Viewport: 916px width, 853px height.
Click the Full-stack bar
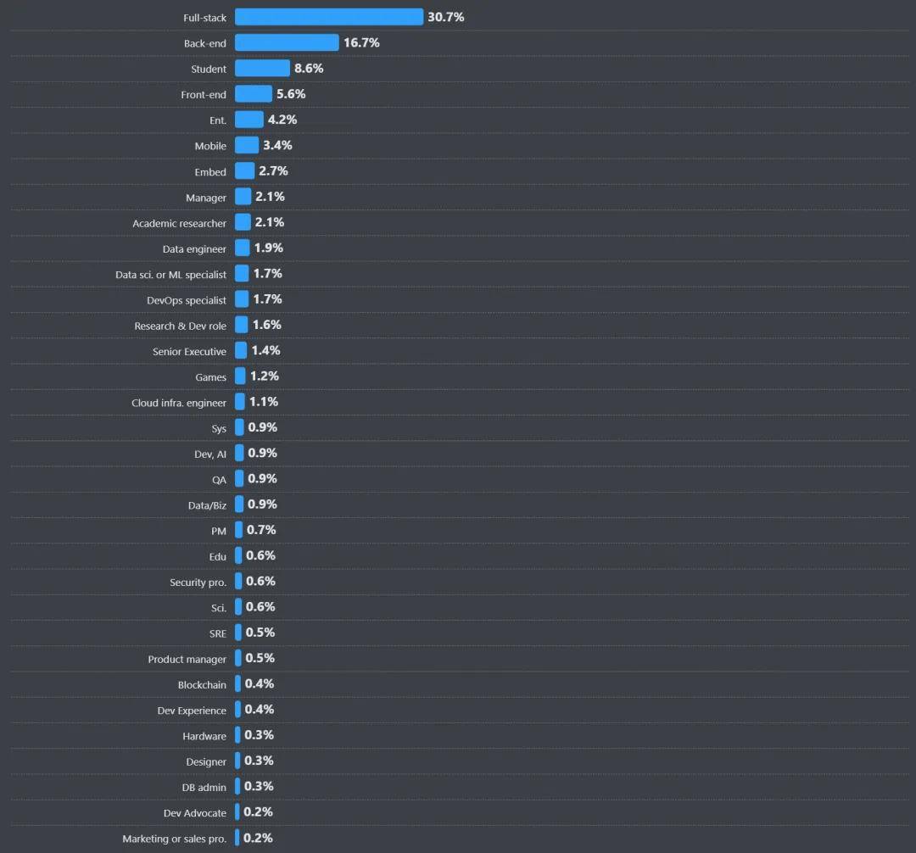tap(328, 17)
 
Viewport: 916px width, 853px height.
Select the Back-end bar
tap(287, 42)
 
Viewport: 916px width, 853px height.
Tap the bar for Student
tap(262, 69)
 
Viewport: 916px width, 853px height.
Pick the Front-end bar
tap(254, 94)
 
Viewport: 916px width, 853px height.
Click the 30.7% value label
tap(445, 17)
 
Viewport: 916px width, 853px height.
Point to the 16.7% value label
tap(361, 42)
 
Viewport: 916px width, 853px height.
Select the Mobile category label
tap(210, 146)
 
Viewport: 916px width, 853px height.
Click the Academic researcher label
tap(179, 223)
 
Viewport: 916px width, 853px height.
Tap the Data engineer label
tap(194, 249)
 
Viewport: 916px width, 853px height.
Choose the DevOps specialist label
tap(187, 300)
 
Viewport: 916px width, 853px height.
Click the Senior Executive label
tap(189, 352)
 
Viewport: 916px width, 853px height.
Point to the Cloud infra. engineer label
tap(179, 403)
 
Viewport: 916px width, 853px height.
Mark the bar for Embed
tap(244, 171)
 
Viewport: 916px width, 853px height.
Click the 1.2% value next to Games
tap(264, 376)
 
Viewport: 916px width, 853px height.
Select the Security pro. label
tap(198, 583)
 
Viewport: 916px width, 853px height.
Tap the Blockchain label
tap(202, 685)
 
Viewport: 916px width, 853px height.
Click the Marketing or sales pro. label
tap(174, 839)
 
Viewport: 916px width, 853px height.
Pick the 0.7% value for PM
tap(261, 530)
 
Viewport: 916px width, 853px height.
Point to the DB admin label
tap(204, 788)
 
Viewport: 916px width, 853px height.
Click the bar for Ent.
tap(249, 120)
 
